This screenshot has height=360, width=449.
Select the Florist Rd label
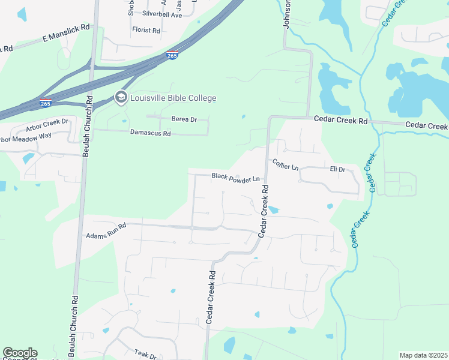146,30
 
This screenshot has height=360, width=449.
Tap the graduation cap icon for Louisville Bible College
121,98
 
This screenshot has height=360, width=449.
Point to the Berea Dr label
184,119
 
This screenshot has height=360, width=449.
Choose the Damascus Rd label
151,133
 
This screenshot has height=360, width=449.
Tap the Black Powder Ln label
236,178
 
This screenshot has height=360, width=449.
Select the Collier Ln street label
285,164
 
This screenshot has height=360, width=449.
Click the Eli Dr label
337,170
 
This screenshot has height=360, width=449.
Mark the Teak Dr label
145,355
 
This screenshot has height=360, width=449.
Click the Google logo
20,353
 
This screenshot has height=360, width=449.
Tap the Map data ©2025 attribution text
423,355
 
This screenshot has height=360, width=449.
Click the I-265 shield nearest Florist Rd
172,55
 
